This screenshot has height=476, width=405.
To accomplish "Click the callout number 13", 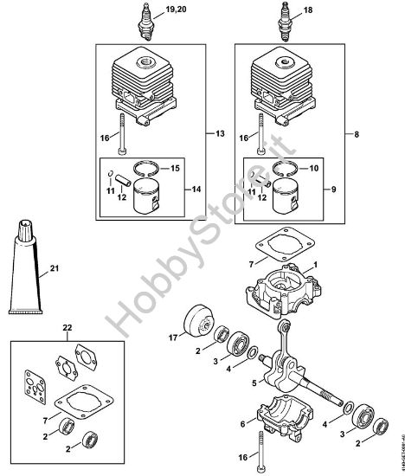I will (220, 133).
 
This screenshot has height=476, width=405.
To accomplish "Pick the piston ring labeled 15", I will (147, 168).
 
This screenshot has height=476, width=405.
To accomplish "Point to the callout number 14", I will (196, 188).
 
